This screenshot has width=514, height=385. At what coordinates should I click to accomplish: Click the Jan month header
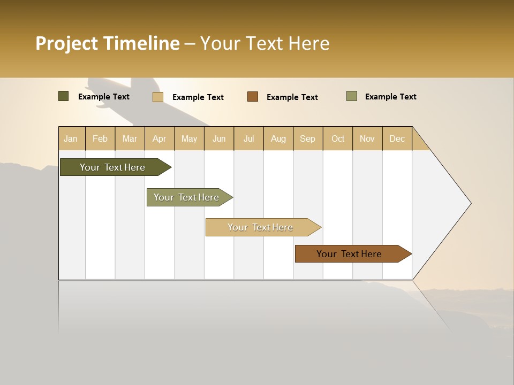(x=71, y=138)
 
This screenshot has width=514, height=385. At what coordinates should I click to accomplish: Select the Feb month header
(x=100, y=138)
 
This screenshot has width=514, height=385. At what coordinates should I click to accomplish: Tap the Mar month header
(x=130, y=138)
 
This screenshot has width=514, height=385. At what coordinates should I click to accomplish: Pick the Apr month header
(x=160, y=138)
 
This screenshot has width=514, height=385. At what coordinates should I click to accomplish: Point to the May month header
(x=189, y=138)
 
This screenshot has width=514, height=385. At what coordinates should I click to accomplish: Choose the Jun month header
(x=219, y=138)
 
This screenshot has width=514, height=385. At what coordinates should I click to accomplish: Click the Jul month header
(x=248, y=138)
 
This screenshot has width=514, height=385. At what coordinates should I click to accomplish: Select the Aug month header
(x=278, y=138)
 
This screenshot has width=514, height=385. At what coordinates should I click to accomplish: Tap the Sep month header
(x=308, y=138)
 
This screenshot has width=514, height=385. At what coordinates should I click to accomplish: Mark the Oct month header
(x=338, y=138)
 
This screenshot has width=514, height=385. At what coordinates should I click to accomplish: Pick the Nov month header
(x=367, y=138)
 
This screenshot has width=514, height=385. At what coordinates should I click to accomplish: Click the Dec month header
(x=397, y=138)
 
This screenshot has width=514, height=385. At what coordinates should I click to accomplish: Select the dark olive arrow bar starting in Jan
(x=112, y=167)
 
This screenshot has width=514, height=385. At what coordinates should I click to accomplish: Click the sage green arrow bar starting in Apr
(x=186, y=197)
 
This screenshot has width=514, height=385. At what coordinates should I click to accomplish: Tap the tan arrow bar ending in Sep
(x=260, y=227)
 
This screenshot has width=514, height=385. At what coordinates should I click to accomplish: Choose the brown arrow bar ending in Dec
(x=349, y=254)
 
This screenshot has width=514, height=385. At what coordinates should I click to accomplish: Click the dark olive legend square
(x=63, y=96)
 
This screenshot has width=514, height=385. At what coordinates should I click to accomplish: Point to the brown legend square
(x=253, y=97)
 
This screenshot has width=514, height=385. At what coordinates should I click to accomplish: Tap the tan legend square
(x=157, y=97)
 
